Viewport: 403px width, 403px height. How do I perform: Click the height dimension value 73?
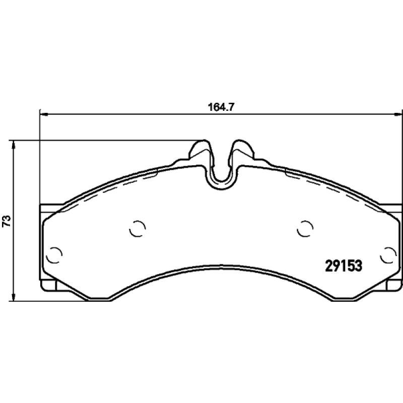7,221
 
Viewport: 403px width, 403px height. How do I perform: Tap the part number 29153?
344,266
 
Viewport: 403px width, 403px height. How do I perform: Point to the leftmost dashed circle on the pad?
54,255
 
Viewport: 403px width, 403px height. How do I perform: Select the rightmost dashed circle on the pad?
388,255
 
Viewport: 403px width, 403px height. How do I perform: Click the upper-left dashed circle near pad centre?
138,229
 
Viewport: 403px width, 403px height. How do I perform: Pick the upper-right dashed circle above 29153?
305,229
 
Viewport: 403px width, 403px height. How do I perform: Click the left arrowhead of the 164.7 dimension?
44,114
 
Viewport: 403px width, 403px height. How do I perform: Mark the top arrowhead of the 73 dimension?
14,145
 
